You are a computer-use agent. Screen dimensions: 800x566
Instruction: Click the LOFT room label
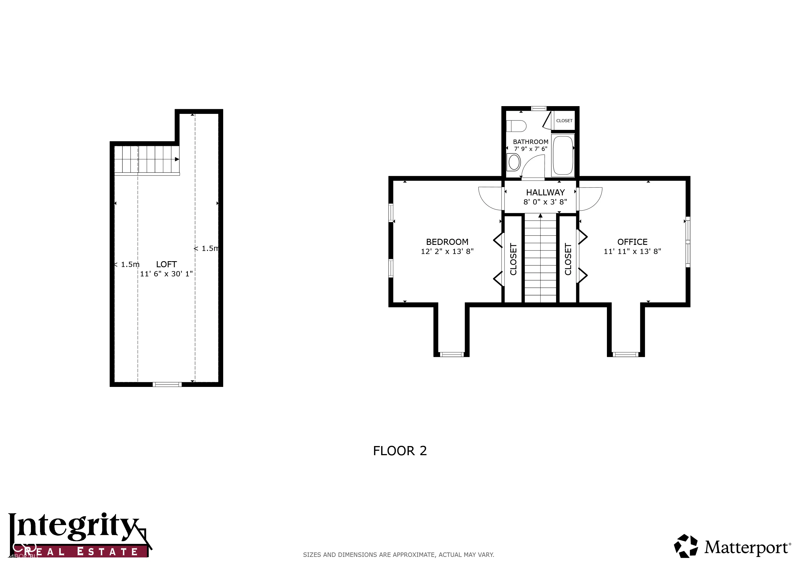(166, 264)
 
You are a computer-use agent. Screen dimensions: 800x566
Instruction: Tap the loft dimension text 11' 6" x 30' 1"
(166, 274)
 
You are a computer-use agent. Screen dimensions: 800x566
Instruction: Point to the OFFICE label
(632, 242)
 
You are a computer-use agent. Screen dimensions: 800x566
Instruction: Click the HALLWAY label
(545, 192)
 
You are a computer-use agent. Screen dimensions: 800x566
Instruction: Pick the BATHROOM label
(531, 142)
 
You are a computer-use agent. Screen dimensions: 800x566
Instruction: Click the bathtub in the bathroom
(563, 155)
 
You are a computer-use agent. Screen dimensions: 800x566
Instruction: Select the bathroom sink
(514, 162)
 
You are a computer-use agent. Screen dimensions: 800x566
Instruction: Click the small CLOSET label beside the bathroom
(564, 120)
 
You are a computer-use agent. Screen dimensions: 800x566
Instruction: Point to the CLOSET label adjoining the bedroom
(513, 259)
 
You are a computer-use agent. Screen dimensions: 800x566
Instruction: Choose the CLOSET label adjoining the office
(568, 259)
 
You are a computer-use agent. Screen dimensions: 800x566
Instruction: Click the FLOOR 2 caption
(400, 451)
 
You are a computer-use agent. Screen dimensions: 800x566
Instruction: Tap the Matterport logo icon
(686, 546)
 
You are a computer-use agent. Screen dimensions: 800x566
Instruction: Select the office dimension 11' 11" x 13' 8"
(632, 251)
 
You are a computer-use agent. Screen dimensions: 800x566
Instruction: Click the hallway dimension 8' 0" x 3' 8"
(545, 202)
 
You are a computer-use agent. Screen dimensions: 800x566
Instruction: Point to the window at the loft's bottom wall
(167, 384)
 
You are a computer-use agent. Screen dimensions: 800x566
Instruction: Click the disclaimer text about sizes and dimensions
(399, 554)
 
